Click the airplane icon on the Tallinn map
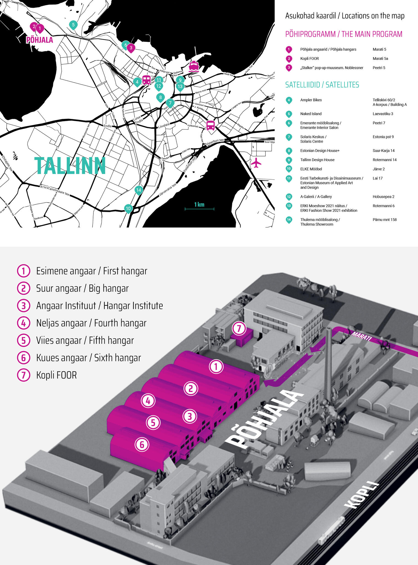click(256, 162)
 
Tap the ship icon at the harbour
click(194, 66)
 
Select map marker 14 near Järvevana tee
click(139, 190)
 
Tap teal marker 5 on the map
click(73, 25)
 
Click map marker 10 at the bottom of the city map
click(128, 209)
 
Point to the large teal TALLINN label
click(70, 166)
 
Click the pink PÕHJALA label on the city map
click(39, 40)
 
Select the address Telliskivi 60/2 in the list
click(384, 100)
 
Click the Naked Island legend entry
click(311, 114)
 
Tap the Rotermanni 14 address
click(384, 160)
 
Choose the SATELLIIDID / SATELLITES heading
click(322, 85)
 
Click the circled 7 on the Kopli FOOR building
click(239, 328)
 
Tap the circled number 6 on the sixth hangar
click(142, 444)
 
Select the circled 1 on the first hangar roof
click(216, 367)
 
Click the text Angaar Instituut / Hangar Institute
click(99, 306)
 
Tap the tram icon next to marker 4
click(146, 80)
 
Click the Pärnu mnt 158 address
click(385, 220)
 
